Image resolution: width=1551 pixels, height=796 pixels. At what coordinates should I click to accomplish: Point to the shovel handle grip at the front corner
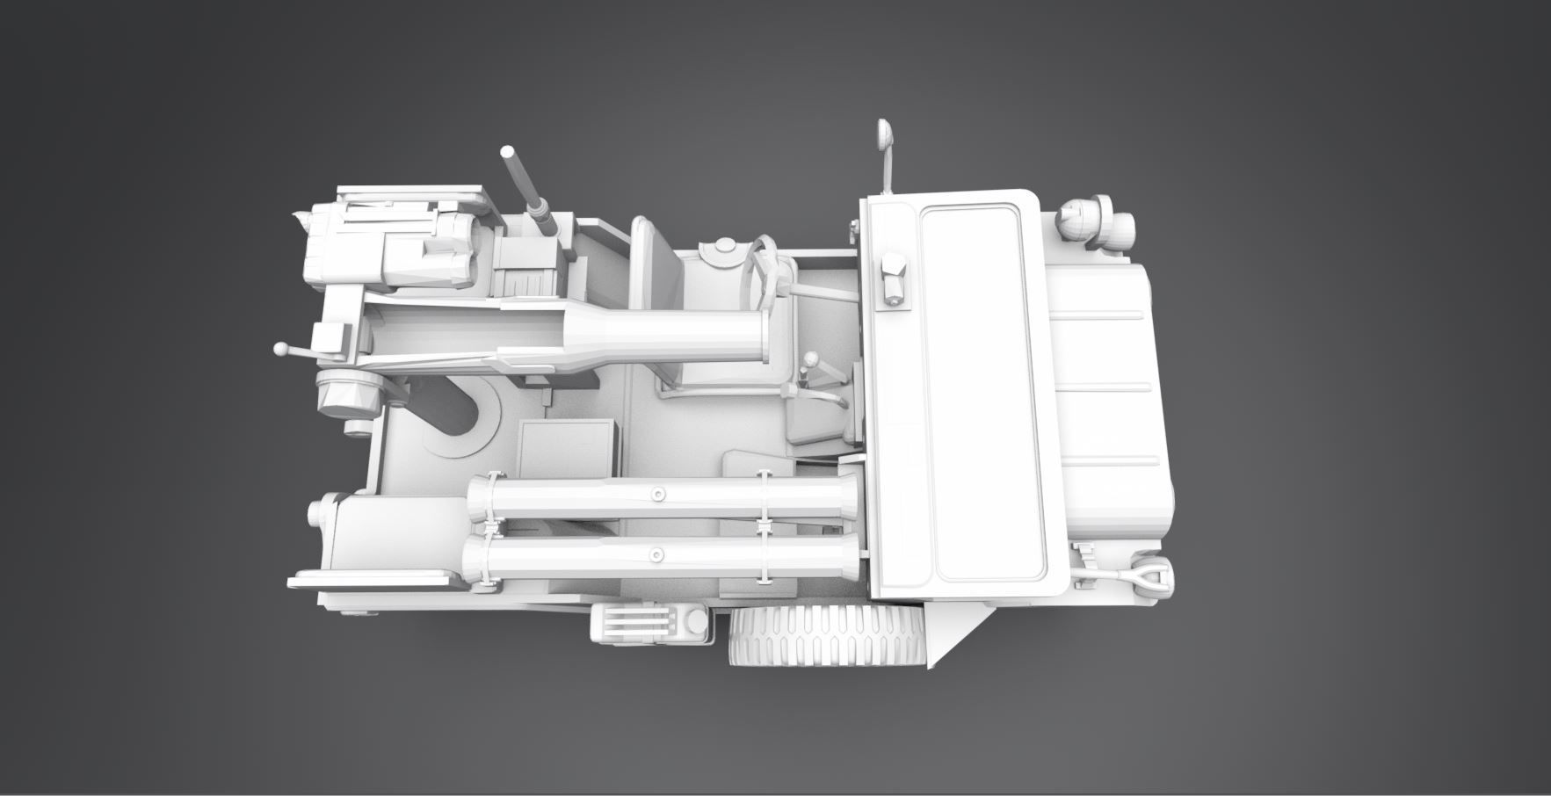click(x=1151, y=578)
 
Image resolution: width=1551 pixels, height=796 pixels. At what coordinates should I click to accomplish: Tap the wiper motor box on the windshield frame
click(x=892, y=279)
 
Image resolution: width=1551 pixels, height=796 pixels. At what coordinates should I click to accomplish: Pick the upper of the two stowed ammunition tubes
click(x=659, y=497)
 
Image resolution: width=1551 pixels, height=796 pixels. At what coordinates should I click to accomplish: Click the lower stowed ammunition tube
click(x=659, y=555)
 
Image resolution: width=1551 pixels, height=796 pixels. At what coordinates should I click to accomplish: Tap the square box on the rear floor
click(x=565, y=449)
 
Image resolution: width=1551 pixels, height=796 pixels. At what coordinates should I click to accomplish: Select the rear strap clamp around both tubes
click(x=490, y=527)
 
